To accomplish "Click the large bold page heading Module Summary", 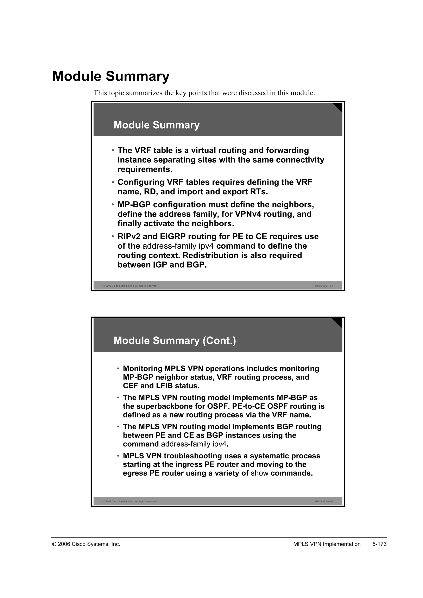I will pyautogui.click(x=111, y=76).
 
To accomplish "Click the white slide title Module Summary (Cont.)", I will pyautogui.click(x=175, y=341).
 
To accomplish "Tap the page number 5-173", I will pyautogui.click(x=379, y=544).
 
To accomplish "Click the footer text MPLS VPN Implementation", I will pyautogui.click(x=327, y=544).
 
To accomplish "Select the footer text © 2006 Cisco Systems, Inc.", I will pyautogui.click(x=86, y=544).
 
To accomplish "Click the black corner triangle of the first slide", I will pyautogui.click(x=338, y=106).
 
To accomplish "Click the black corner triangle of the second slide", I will pyautogui.click(x=338, y=322).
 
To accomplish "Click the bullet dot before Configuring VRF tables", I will pyautogui.click(x=113, y=182).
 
